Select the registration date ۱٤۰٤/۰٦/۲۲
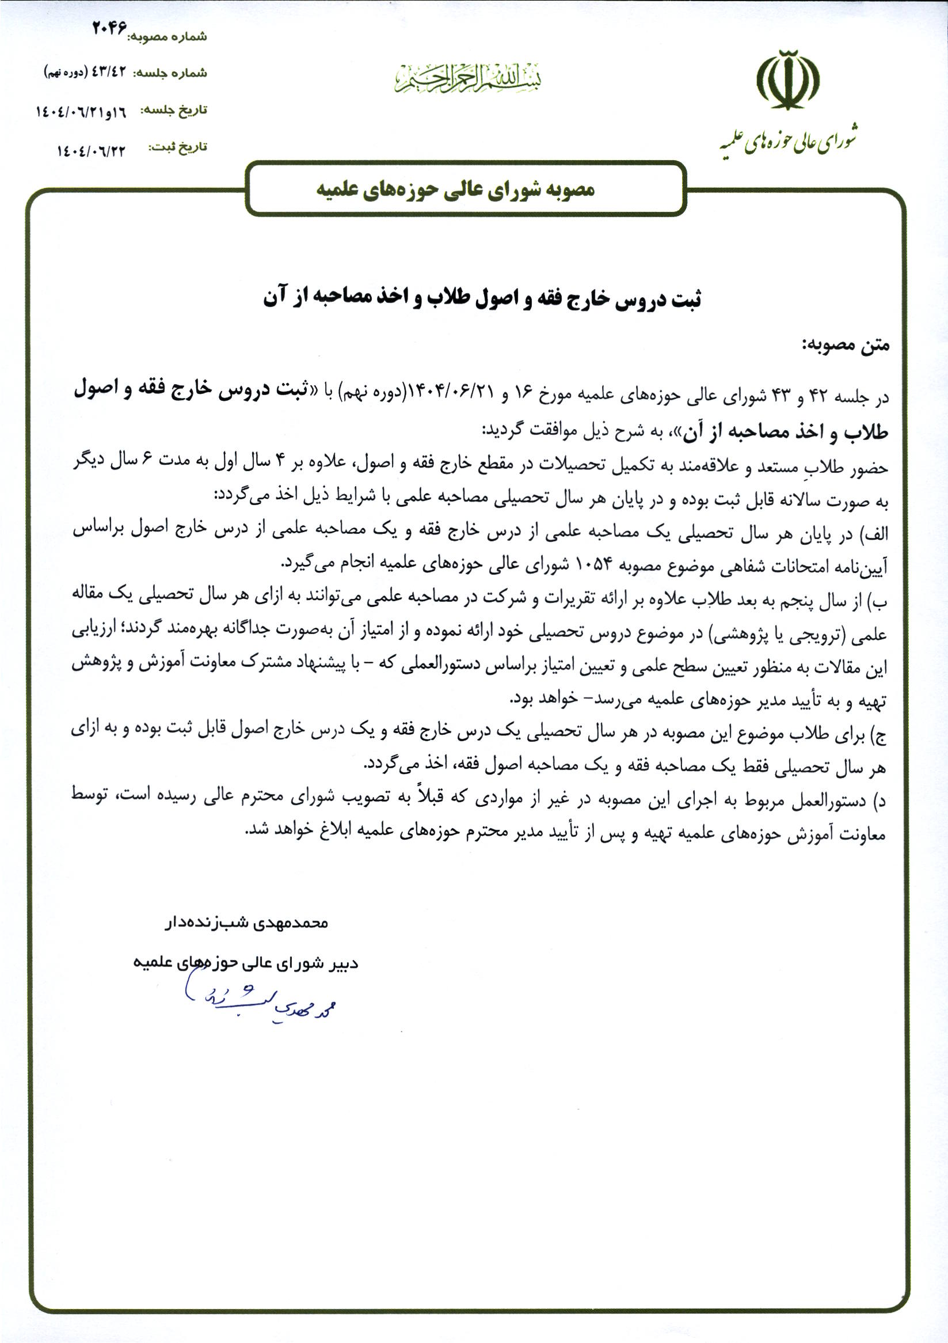coord(91,150)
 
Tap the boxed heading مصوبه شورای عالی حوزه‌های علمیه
coord(455,189)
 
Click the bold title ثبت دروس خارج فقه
coord(482,298)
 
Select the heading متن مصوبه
coord(845,346)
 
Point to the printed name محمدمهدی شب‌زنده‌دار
coord(245,923)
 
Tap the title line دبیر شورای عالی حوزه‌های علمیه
coord(245,962)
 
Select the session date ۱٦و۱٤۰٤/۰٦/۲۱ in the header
coord(81,111)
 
